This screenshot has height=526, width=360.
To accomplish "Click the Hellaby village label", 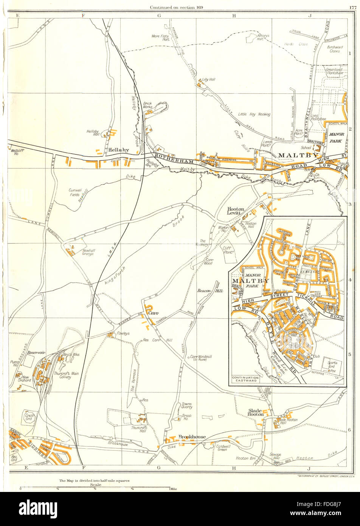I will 118,150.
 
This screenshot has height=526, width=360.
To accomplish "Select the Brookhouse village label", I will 192,437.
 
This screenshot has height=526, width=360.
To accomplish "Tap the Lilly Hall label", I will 208,79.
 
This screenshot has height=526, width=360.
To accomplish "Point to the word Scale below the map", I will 95,484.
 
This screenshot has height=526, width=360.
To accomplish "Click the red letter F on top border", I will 83,16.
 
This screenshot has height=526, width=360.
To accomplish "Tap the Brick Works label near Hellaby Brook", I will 147,105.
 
